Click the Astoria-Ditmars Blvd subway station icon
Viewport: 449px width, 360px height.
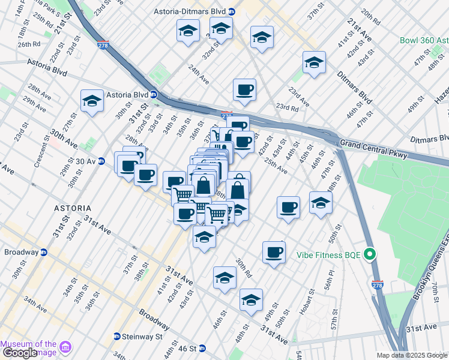pos(232,11)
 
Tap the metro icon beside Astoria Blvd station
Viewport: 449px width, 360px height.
pos(154,94)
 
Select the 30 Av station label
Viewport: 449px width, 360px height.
pos(86,161)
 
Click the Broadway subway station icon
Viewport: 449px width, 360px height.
pos(44,251)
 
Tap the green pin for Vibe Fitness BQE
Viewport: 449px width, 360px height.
pos(370,254)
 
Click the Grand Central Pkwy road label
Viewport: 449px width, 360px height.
pos(373,149)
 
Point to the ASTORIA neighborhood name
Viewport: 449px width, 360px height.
pos(73,208)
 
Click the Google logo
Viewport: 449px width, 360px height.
pos(19,353)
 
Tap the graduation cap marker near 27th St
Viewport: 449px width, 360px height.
pos(92,101)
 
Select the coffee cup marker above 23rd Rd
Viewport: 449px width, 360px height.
pos(244,91)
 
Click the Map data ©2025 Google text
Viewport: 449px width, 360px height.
pos(412,355)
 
